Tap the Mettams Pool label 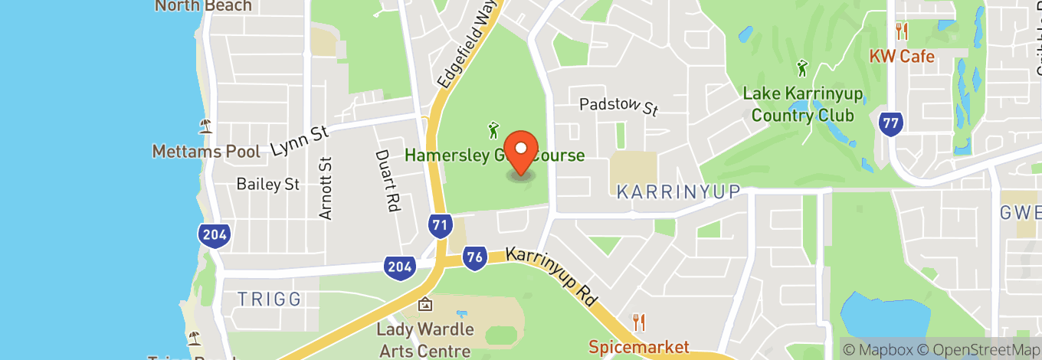tap(206, 151)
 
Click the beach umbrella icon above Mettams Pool tap(205, 125)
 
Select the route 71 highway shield tap(439, 224)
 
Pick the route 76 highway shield tap(475, 258)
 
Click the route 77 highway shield tap(890, 123)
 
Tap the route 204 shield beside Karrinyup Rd tap(399, 266)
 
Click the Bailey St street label tap(268, 184)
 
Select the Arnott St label tap(326, 188)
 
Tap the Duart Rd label tap(388, 180)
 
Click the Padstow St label tap(618, 106)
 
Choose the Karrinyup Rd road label tap(552, 277)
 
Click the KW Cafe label tap(901, 57)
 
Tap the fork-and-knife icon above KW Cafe tap(902, 31)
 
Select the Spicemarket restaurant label tap(639, 347)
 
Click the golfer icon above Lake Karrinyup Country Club tap(802, 68)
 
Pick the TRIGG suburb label tap(269, 299)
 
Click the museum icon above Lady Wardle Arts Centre tap(425, 305)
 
